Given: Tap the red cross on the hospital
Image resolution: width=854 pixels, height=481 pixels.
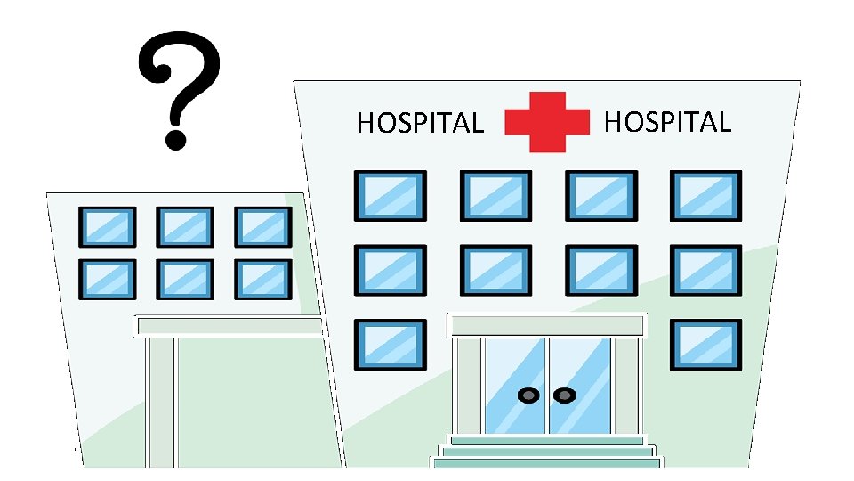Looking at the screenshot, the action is pyautogui.click(x=547, y=122).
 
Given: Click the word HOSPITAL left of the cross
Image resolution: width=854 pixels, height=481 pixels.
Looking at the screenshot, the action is pyautogui.click(x=420, y=123).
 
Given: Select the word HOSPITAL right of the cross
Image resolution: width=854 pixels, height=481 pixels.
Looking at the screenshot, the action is pyautogui.click(x=667, y=121).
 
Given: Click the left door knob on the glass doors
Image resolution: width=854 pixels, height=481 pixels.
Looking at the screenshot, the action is pyautogui.click(x=528, y=395).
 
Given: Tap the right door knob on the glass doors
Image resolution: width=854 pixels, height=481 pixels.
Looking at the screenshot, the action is pyautogui.click(x=562, y=395).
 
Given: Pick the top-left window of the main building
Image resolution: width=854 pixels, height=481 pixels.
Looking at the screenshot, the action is pyautogui.click(x=390, y=196).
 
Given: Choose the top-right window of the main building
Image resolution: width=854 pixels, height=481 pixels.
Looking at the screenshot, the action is pyautogui.click(x=705, y=196).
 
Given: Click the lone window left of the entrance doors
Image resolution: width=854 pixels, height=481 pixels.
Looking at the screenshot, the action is pyautogui.click(x=390, y=345).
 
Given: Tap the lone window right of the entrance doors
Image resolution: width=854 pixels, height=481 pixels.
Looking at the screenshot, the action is pyautogui.click(x=705, y=345).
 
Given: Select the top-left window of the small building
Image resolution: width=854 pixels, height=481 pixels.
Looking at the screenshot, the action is pyautogui.click(x=108, y=227).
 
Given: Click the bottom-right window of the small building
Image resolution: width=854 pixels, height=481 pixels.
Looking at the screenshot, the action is pyautogui.click(x=262, y=279).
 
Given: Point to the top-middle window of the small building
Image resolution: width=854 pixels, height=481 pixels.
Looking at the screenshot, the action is pyautogui.click(x=185, y=227).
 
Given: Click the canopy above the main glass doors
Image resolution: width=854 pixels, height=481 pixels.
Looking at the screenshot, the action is pyautogui.click(x=546, y=324).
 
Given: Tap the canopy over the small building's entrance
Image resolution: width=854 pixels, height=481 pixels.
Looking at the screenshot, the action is pyautogui.click(x=229, y=326).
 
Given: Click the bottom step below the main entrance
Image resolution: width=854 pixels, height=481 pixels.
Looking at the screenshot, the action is pyautogui.click(x=547, y=462).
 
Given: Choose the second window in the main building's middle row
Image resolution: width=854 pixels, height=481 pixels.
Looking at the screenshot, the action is pyautogui.click(x=495, y=270).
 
